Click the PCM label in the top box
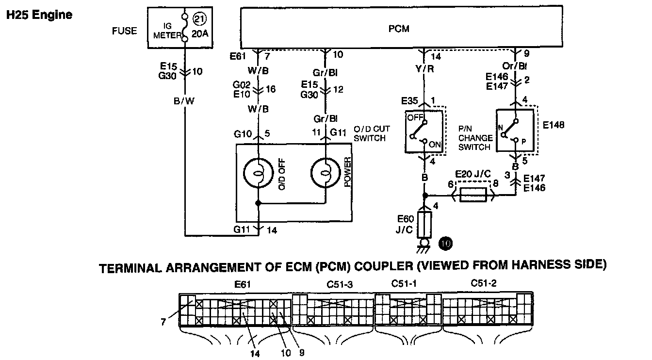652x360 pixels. tap(399, 29)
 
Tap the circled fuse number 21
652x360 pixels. tap(199, 19)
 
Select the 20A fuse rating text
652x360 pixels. tap(200, 34)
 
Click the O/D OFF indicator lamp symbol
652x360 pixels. tap(258, 173)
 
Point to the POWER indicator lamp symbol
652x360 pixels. tap(326, 173)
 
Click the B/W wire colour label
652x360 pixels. tap(184, 101)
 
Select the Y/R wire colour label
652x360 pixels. tap(424, 69)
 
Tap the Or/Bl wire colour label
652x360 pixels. tap(515, 66)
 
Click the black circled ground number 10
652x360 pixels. tap(445, 243)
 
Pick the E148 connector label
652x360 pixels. tap(554, 125)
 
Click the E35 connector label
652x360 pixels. tap(409, 101)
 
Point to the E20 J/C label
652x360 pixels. tap(473, 174)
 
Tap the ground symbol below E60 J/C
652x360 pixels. tap(424, 246)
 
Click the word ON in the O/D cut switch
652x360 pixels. tap(435, 145)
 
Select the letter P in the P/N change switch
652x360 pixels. tap(523, 142)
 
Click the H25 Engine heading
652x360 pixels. tap(39, 15)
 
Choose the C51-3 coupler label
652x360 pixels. tap(340, 284)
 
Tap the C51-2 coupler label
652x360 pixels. tap(484, 283)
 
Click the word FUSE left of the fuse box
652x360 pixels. tap(124, 31)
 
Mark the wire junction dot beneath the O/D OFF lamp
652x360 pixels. tap(258, 203)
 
